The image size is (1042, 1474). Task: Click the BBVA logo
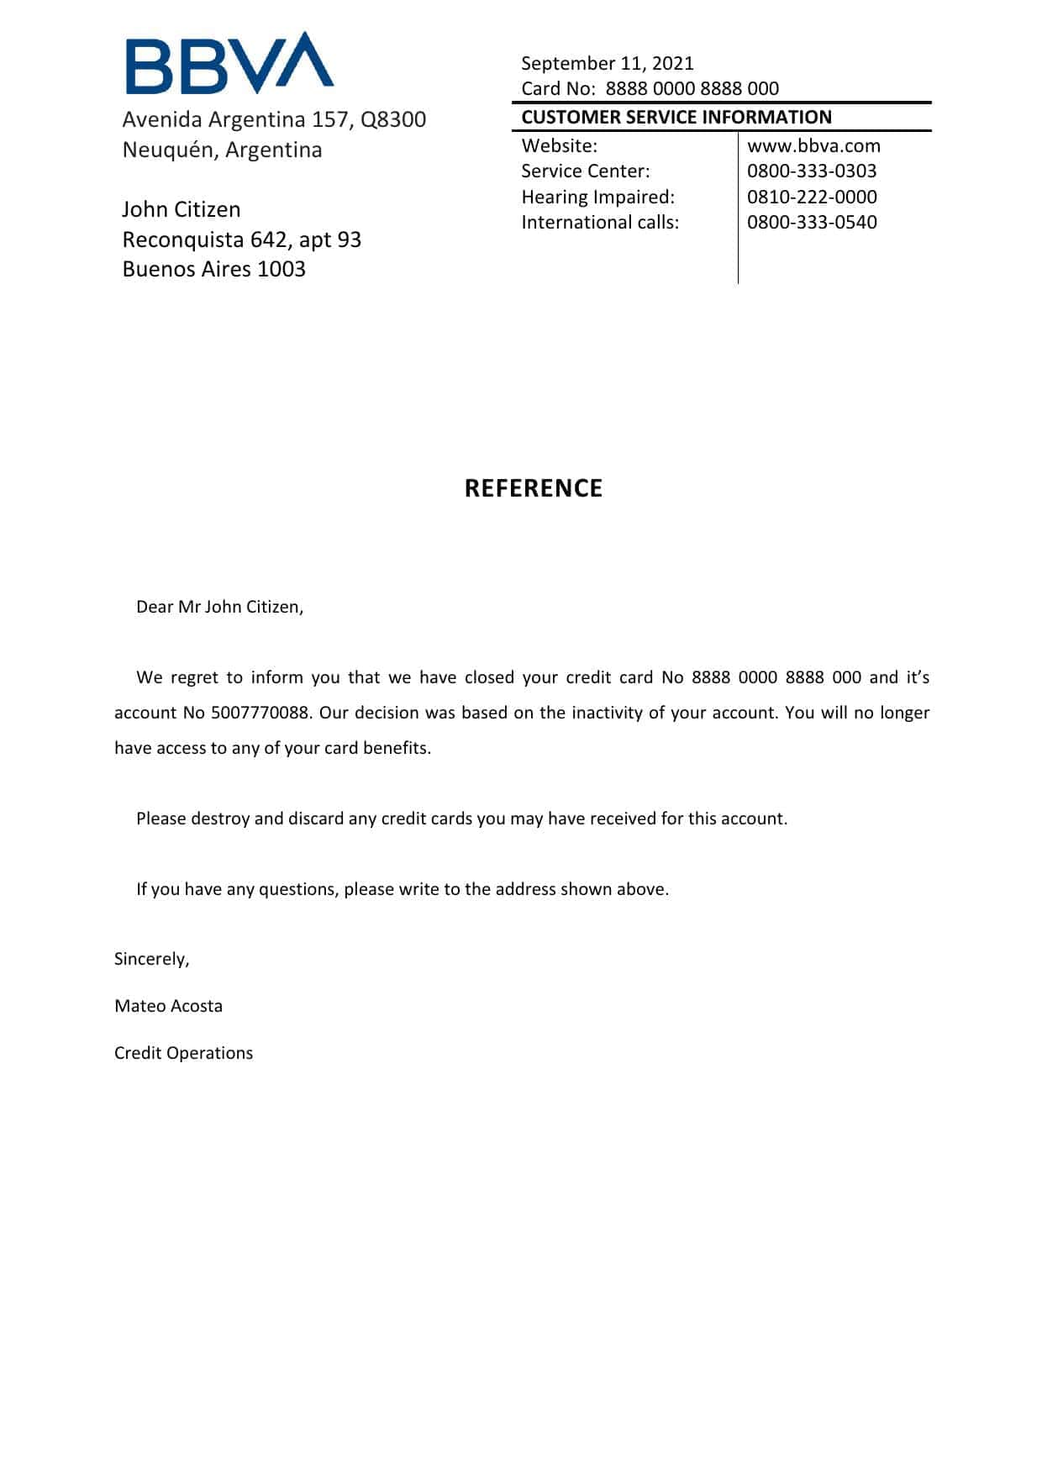[229, 64]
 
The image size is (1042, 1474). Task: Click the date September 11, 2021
[607, 63]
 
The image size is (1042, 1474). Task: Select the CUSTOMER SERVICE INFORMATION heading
[676, 117]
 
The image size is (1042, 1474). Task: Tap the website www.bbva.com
[813, 145]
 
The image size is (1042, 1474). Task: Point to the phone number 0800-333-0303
[811, 171]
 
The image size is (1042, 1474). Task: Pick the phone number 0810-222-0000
[811, 197]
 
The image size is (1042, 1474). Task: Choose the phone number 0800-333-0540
[811, 222]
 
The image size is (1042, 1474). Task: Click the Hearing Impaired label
[597, 197]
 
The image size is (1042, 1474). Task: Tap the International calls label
[600, 222]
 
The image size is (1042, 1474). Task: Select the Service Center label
[585, 171]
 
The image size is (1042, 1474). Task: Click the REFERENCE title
[534, 488]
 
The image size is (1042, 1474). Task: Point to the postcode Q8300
[393, 119]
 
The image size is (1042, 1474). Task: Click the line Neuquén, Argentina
[222, 150]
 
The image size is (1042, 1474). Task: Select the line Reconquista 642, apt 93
[241, 240]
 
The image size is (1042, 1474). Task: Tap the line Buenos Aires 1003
[213, 269]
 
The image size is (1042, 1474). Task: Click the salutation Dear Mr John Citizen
[219, 607]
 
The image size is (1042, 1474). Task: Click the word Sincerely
[151, 959]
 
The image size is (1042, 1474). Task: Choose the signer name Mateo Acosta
[168, 1006]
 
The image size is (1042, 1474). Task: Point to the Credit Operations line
[183, 1053]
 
